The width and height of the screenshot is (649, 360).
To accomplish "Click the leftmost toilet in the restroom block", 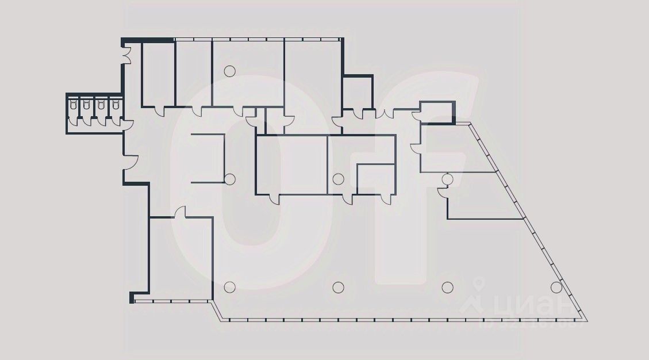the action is tap(73, 105).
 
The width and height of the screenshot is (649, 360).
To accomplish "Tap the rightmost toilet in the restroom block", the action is tap(116, 105).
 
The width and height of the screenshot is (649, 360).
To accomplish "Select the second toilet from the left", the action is tap(87, 105).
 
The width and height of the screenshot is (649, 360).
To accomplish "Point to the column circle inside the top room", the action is tap(230, 71).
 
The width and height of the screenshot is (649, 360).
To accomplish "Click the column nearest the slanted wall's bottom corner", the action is tap(556, 286).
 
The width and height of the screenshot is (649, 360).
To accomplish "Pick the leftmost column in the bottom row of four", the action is tap(230, 286).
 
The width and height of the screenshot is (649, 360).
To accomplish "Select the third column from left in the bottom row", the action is tap(447, 286).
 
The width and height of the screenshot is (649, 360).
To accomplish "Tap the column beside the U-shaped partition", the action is tap(230, 178).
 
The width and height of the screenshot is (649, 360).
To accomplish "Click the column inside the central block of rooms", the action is tap(339, 179).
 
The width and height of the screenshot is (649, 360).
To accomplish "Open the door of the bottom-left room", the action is tap(180, 212).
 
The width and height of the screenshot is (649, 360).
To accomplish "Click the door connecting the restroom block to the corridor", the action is tap(128, 124).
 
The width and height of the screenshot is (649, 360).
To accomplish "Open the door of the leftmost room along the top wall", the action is tap(160, 110).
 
